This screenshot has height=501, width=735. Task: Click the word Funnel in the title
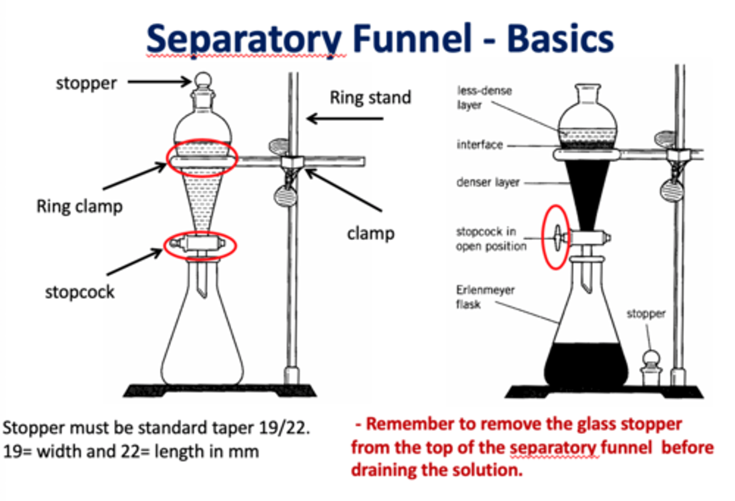(412, 39)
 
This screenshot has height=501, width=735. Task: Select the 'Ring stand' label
(370, 97)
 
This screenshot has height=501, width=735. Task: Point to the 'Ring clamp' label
(80, 207)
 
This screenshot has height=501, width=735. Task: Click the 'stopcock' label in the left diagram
(80, 292)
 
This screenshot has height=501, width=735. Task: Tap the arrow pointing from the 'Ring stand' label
(345, 119)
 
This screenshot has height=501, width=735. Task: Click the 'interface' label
(479, 145)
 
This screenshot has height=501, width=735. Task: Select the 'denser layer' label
(487, 182)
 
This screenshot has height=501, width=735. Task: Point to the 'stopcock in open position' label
(490, 239)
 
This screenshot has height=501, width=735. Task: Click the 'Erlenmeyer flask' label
(484, 296)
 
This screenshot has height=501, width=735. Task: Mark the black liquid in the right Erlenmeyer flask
(585, 365)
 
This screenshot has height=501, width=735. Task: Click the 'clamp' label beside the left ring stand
(371, 234)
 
